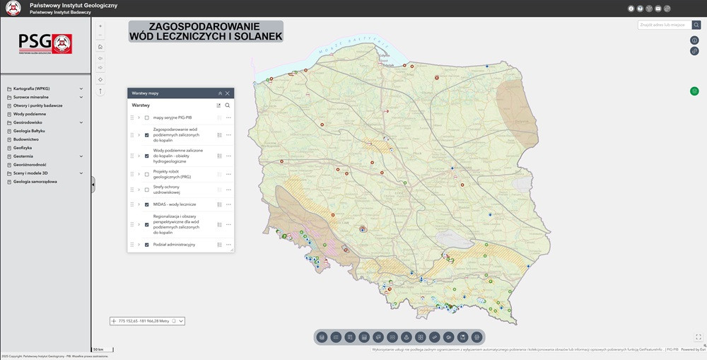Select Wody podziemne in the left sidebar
(x=30, y=114)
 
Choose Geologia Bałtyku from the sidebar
(x=31, y=131)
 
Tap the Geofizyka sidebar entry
(x=23, y=148)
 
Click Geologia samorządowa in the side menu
(x=35, y=182)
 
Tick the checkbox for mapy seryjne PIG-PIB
(x=147, y=117)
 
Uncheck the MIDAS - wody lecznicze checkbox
(x=147, y=204)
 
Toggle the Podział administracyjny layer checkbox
(x=147, y=245)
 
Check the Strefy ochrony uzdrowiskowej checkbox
(x=147, y=190)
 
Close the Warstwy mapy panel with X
(x=228, y=93)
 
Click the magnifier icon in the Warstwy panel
(x=228, y=105)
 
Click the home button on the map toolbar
(x=100, y=47)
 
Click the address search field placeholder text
(x=662, y=25)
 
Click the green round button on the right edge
(x=694, y=91)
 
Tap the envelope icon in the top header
(x=658, y=8)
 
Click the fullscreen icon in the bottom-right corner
(x=698, y=337)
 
